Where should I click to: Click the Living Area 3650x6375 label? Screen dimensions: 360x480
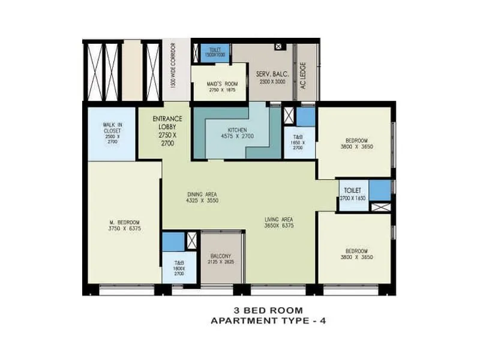279,223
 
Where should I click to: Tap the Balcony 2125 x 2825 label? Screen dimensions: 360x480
221,259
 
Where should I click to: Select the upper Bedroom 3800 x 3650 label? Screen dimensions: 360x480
357,142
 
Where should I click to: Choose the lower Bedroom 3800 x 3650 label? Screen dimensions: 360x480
357,253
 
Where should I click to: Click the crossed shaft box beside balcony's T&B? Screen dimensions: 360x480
192,241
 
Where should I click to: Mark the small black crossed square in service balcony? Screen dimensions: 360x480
278,45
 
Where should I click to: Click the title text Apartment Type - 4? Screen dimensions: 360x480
268,320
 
